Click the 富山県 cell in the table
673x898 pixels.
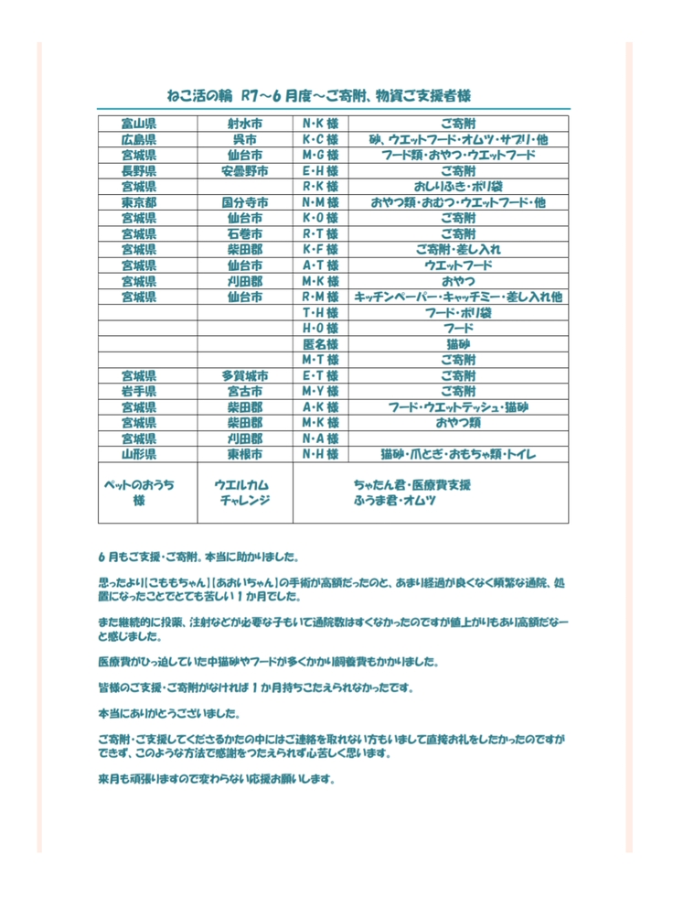click(x=138, y=123)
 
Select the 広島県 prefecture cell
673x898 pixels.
click(x=138, y=139)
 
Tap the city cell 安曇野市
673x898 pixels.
click(x=244, y=170)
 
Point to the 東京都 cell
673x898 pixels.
click(x=138, y=202)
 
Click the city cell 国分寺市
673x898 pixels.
click(x=244, y=202)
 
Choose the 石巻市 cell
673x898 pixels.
click(x=244, y=233)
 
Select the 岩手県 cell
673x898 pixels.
click(x=138, y=391)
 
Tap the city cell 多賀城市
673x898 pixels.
click(x=244, y=375)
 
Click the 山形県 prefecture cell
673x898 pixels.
click(x=138, y=454)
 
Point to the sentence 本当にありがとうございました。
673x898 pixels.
click(x=170, y=712)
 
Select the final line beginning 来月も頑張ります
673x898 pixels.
click(x=217, y=780)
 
